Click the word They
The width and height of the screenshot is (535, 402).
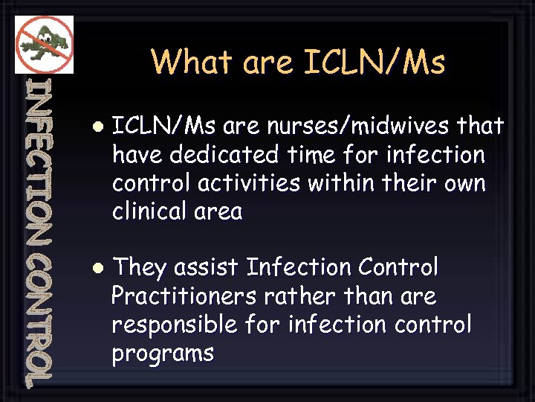click(x=139, y=267)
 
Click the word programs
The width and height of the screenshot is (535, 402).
click(x=162, y=354)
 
